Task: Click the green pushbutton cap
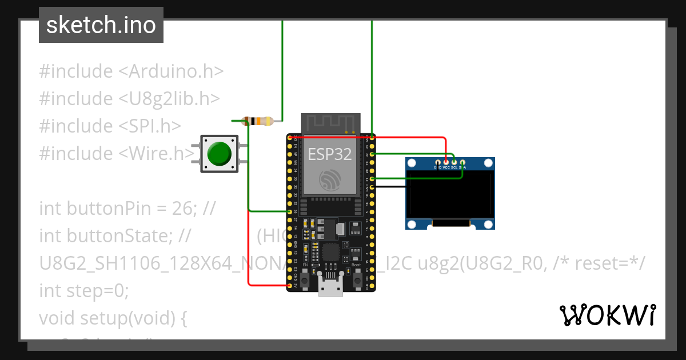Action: tap(219, 153)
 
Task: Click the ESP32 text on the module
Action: tap(330, 154)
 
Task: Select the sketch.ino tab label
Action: tap(101, 25)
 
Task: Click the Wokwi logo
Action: tap(607, 315)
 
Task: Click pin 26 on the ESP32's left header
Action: tap(289, 211)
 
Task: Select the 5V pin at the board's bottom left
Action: tap(289, 285)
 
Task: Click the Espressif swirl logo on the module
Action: tap(330, 181)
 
